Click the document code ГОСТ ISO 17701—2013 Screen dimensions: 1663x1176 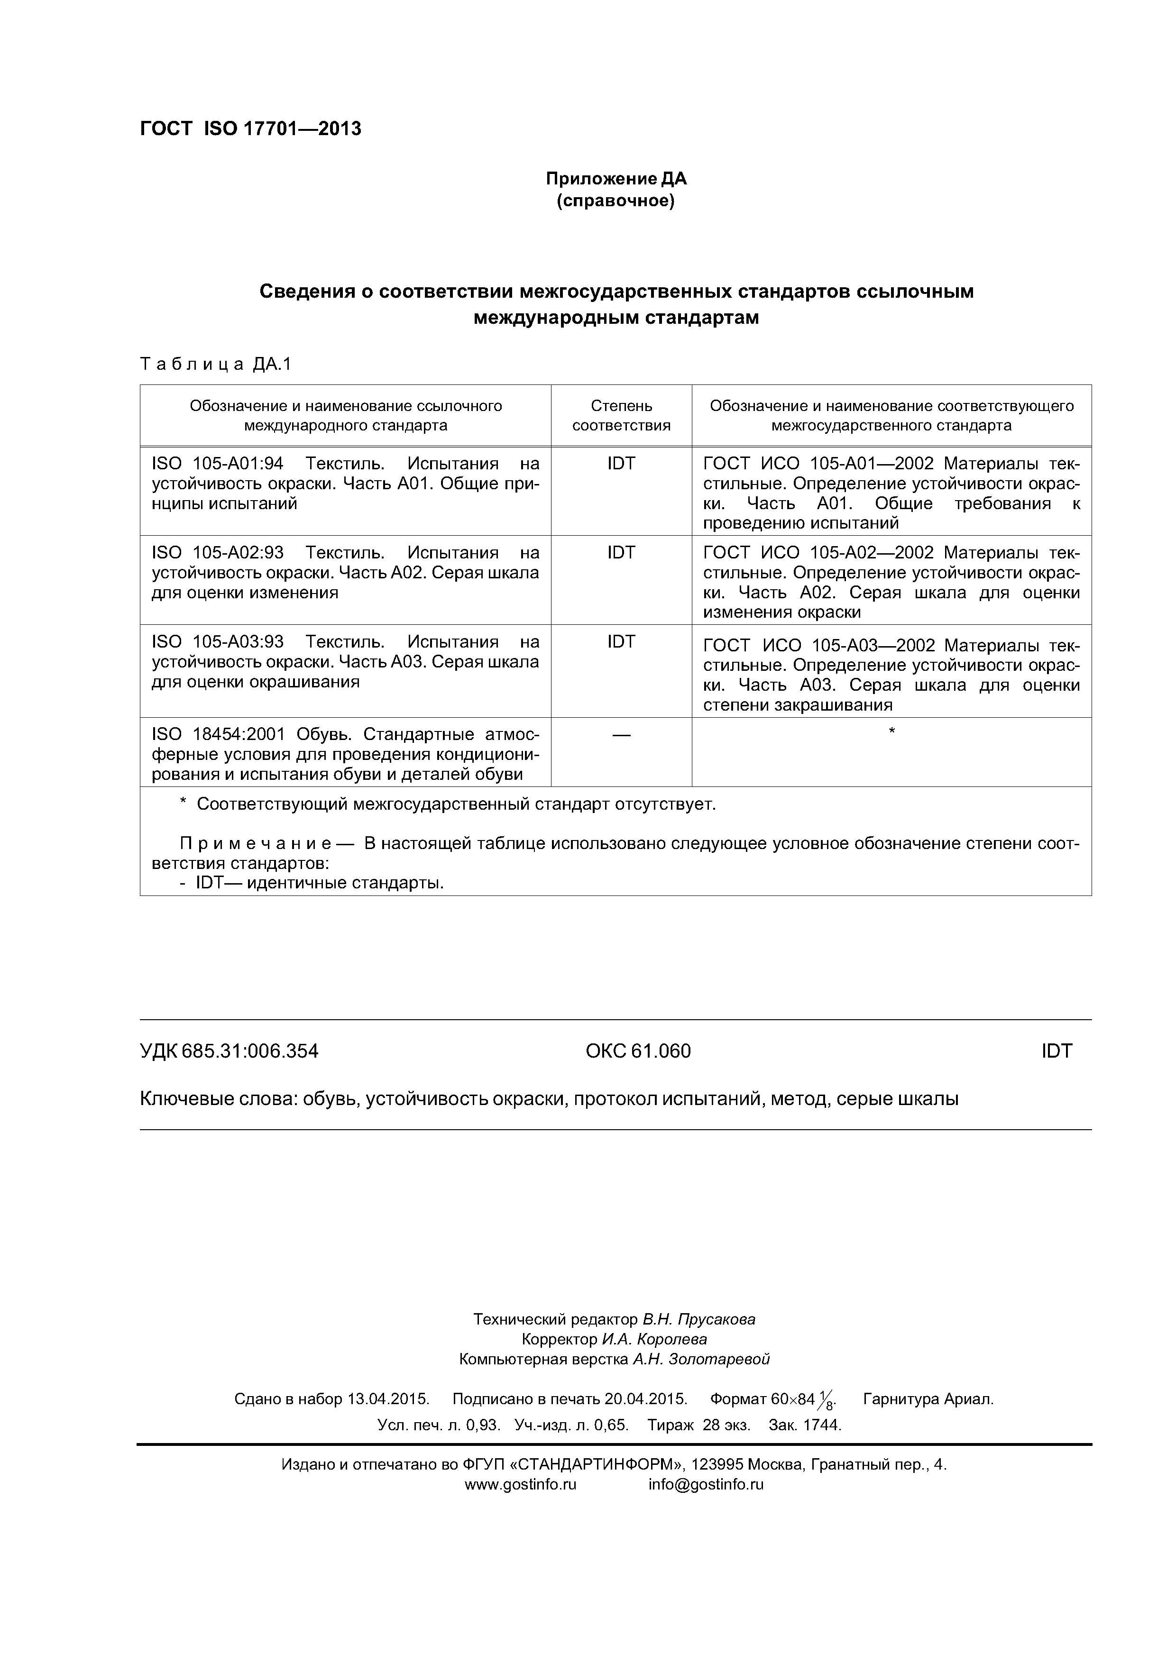pyautogui.click(x=250, y=129)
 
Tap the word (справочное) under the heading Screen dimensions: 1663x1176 pyautogui.click(x=616, y=201)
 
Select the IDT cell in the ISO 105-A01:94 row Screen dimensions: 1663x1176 pyautogui.click(x=621, y=464)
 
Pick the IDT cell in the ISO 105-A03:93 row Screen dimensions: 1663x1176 pyautogui.click(x=621, y=642)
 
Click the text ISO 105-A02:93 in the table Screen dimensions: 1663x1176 pyautogui.click(x=217, y=553)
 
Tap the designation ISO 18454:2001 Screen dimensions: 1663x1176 pyautogui.click(x=218, y=734)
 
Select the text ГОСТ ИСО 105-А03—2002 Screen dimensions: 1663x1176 pyautogui.click(x=819, y=645)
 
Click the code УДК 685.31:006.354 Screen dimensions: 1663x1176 pyautogui.click(x=229, y=1051)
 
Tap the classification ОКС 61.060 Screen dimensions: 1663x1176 pyautogui.click(x=638, y=1051)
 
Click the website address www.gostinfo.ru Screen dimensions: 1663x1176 pyautogui.click(x=520, y=1484)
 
